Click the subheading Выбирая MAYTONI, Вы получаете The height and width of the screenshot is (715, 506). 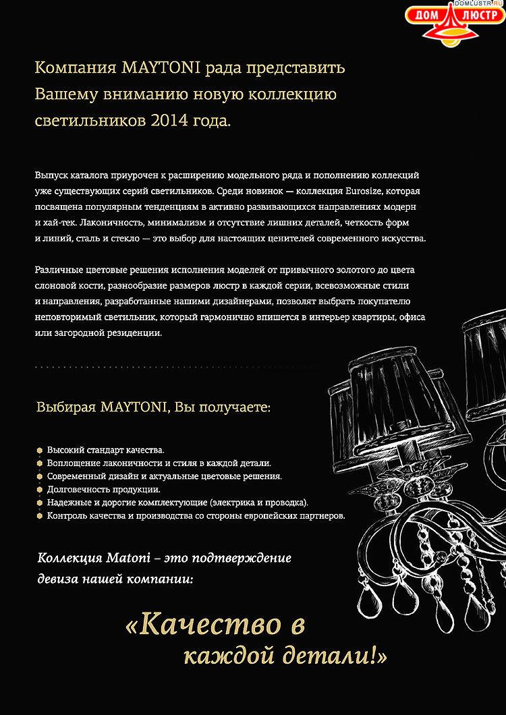154,408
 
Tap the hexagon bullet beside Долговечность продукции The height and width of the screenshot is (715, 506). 40,489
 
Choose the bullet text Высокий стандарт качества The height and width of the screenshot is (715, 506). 106,449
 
